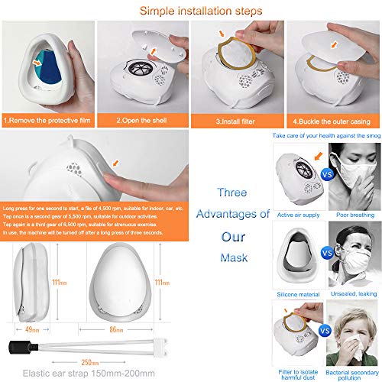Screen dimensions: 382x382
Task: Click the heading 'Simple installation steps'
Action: (190, 11)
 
